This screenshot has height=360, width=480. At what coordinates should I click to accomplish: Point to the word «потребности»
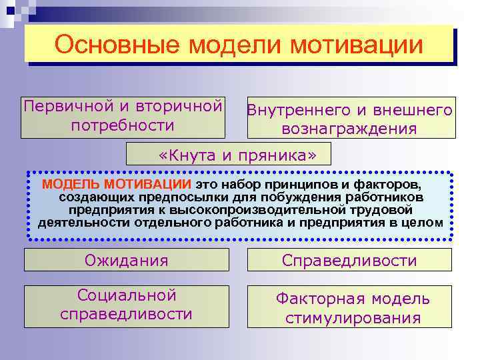point(122,125)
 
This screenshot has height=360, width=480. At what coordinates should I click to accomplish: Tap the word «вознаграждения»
point(349,129)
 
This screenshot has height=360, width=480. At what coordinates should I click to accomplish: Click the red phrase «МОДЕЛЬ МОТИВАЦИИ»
point(117,183)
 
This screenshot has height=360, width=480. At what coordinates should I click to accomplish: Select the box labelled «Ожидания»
point(125,260)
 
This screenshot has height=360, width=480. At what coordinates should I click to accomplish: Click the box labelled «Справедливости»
point(349,260)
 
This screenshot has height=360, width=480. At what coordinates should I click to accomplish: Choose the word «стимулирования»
point(353,318)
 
